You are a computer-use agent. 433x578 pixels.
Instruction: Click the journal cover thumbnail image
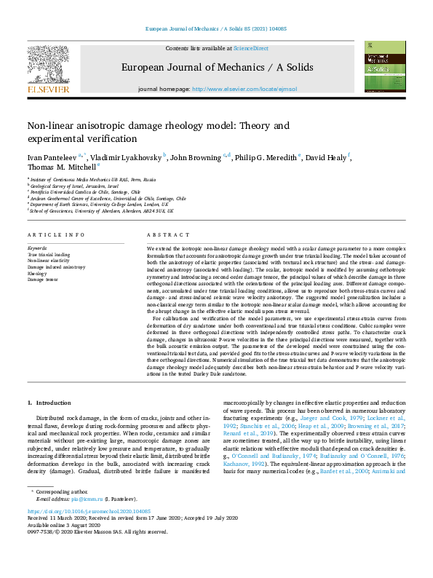[x=385, y=66]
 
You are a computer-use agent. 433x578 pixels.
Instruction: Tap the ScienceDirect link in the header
[x=250, y=48]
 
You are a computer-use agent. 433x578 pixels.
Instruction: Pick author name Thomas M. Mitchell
[x=54, y=166]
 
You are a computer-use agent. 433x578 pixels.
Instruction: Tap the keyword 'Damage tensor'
[x=44, y=279]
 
